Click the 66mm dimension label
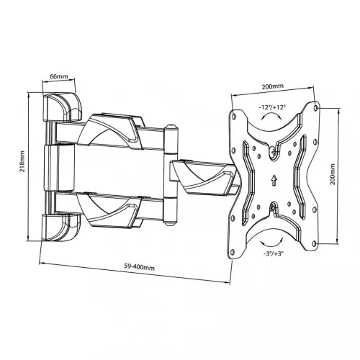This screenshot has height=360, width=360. (59, 76)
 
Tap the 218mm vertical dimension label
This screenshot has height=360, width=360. (22, 161)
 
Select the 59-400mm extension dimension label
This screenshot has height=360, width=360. (139, 267)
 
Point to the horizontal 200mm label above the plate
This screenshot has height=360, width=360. (272, 86)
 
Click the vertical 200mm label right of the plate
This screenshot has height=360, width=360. (333, 174)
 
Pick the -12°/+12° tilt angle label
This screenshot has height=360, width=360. (272, 107)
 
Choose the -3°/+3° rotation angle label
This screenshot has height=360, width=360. (273, 253)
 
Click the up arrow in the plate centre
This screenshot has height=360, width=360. (274, 180)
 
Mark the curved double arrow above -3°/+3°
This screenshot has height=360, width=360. (272, 243)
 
